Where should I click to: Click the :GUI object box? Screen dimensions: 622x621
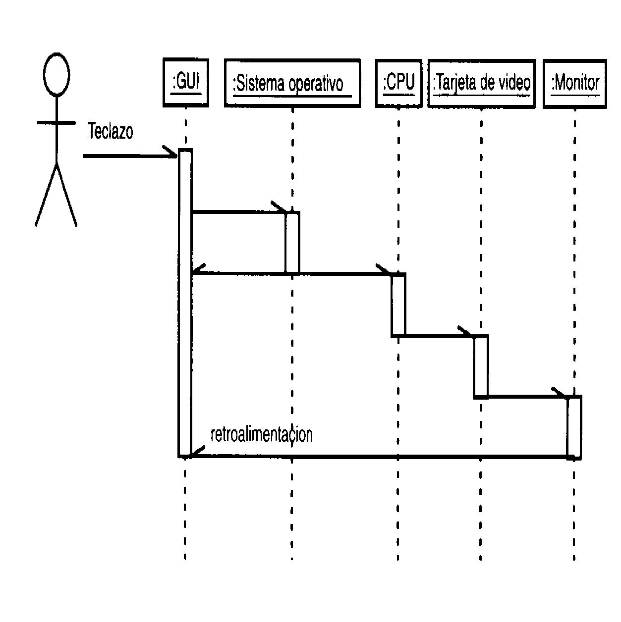[x=186, y=83]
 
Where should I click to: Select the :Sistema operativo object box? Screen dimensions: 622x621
[x=292, y=83]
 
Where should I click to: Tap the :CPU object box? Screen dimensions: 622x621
[x=398, y=83]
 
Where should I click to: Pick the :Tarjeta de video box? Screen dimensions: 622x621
[x=481, y=83]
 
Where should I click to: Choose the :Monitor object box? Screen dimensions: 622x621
[x=575, y=83]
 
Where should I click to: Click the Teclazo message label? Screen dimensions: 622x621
[x=111, y=132]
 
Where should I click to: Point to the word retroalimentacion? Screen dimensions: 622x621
[x=261, y=434]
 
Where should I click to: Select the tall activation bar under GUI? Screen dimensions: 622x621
[x=185, y=302]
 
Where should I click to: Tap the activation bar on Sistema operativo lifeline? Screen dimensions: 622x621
[x=292, y=242]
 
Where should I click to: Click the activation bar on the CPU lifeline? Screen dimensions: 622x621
[x=398, y=305]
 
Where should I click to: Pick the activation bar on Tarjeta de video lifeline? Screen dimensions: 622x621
[x=481, y=366]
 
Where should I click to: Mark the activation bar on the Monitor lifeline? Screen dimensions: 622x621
[x=574, y=426]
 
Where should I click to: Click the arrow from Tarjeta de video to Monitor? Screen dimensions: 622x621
[x=525, y=396]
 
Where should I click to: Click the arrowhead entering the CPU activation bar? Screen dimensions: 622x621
[x=384, y=270]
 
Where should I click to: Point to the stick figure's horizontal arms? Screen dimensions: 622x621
[x=56, y=122]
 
